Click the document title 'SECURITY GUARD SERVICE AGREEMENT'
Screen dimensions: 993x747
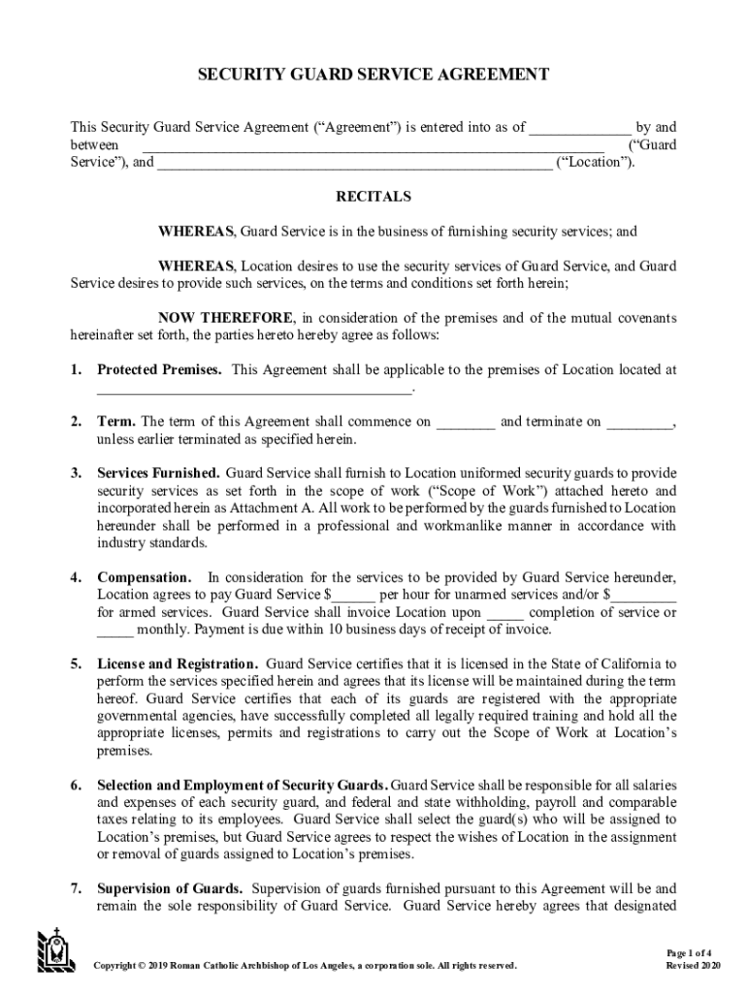tap(373, 74)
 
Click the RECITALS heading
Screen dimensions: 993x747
tap(373, 197)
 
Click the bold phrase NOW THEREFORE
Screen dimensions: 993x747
tap(226, 318)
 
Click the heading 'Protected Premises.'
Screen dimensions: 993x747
tap(160, 370)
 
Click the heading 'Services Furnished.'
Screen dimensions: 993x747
tap(159, 473)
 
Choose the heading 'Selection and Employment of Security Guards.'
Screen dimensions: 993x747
tap(243, 785)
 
